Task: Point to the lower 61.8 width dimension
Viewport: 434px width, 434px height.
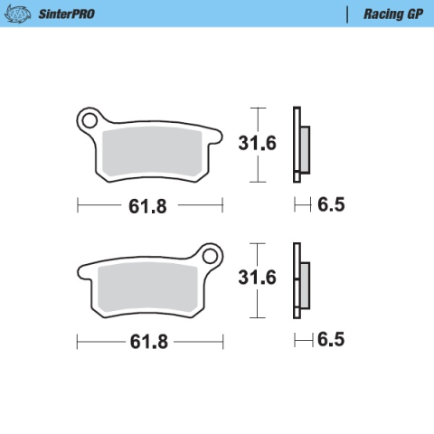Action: pyautogui.click(x=147, y=343)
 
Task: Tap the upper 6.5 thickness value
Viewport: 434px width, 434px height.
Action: pyautogui.click(x=331, y=205)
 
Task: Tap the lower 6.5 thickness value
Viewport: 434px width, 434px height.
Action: pyautogui.click(x=331, y=340)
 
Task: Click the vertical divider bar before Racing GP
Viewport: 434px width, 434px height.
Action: pyautogui.click(x=347, y=14)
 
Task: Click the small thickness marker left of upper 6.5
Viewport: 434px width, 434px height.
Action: pyautogui.click(x=300, y=205)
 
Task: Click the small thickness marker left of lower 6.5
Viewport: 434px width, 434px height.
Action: pyautogui.click(x=300, y=340)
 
